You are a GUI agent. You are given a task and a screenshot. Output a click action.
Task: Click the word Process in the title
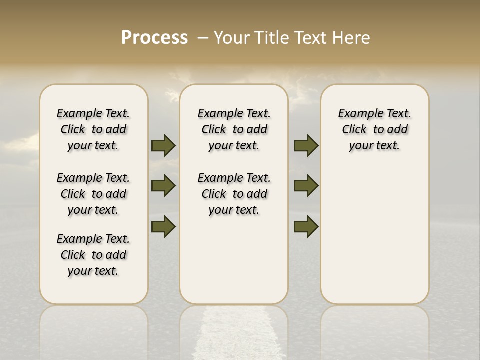pyautogui.click(x=154, y=37)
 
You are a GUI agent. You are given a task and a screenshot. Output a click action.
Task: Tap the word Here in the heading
pyautogui.click(x=352, y=38)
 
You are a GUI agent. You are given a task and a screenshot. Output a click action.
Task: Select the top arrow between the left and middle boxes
pyautogui.click(x=163, y=146)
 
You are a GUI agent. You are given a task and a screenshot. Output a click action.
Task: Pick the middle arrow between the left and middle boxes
pyautogui.click(x=163, y=186)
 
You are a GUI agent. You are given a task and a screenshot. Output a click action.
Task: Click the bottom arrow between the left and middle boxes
pyautogui.click(x=163, y=227)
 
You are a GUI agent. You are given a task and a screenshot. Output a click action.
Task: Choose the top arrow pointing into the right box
pyautogui.click(x=306, y=146)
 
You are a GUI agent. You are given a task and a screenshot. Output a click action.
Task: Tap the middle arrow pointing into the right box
pyautogui.click(x=306, y=186)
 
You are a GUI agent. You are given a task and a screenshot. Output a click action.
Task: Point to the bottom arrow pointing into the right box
pyautogui.click(x=306, y=227)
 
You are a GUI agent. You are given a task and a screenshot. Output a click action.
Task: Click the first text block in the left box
pyautogui.click(x=93, y=129)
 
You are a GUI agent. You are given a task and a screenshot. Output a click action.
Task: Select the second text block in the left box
pyautogui.click(x=93, y=194)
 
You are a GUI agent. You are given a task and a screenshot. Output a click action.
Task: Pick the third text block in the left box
pyautogui.click(x=93, y=255)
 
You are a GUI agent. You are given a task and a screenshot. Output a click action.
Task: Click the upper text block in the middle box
pyautogui.click(x=234, y=129)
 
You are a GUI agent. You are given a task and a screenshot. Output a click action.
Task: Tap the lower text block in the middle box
pyautogui.click(x=234, y=194)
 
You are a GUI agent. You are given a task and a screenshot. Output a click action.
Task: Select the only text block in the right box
pyautogui.click(x=374, y=129)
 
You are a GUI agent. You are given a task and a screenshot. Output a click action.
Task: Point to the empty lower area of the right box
pyautogui.click(x=374, y=235)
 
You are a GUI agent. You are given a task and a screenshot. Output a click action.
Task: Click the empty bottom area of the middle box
pyautogui.click(x=234, y=265)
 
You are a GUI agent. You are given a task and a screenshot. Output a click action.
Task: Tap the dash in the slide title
pyautogui.click(x=203, y=37)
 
